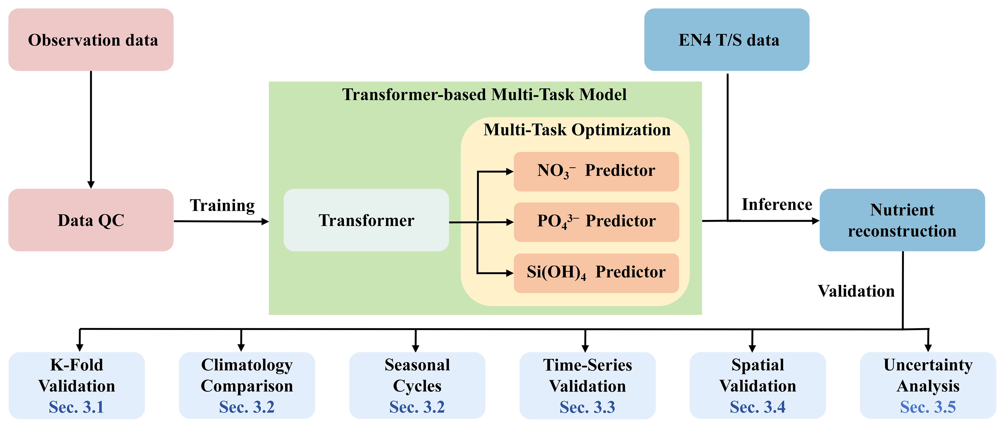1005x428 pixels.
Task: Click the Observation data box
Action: point(91,40)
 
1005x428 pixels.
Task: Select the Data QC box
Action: point(91,220)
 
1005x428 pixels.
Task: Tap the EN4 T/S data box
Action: point(726,40)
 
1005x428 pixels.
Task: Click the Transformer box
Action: point(366,220)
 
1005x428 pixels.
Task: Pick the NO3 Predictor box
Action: point(596,172)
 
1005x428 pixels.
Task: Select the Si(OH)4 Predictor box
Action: point(596,273)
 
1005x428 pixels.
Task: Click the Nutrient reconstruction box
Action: point(902,220)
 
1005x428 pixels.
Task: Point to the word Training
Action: point(222,206)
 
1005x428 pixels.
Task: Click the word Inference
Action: point(777,204)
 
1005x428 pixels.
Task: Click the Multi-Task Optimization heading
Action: point(577,130)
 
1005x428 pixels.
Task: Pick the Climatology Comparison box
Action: point(247,386)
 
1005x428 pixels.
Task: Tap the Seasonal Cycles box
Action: point(417,386)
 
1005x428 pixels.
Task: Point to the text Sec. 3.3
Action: point(587,407)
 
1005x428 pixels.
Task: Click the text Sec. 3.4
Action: point(758,407)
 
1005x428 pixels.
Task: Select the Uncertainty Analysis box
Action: point(928,386)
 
